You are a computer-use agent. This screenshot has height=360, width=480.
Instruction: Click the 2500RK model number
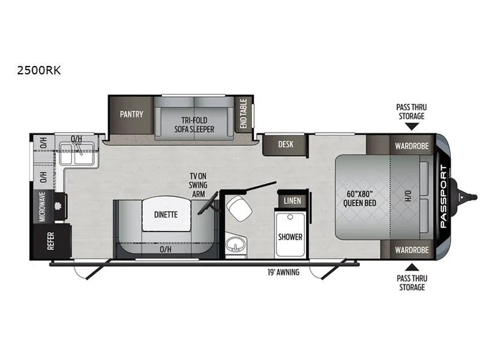coord(39,70)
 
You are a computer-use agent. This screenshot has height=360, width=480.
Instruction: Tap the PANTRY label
coord(131,115)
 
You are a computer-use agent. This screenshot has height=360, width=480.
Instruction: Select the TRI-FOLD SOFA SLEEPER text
coord(194,125)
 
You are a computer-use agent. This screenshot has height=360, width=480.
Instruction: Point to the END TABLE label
coord(244,113)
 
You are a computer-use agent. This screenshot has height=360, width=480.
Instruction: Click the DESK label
coord(286,144)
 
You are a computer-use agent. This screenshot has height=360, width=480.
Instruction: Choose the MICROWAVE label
coord(42,206)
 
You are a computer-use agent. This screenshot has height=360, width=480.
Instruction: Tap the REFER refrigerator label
coord(51,241)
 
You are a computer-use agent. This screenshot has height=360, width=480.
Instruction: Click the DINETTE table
coord(166,214)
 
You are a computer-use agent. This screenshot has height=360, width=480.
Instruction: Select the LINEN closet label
coord(292,201)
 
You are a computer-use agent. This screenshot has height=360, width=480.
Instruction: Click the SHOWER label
coord(290,237)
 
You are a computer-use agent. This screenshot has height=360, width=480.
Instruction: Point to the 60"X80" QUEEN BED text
coord(359,199)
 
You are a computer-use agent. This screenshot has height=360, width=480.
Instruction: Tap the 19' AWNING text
coord(283,272)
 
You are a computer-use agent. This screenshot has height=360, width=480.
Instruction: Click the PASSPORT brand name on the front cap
coord(443,196)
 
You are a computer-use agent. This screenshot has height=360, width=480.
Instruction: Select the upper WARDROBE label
coord(412,146)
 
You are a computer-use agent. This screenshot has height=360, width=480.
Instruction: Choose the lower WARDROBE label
coord(412,250)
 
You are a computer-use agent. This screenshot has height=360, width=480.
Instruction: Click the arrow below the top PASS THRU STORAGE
coord(412,127)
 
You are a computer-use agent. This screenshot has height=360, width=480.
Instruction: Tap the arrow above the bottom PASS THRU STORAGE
coord(412,267)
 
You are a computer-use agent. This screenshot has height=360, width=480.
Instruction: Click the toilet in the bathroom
coord(241,208)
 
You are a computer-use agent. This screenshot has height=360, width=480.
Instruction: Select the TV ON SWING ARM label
coord(198,185)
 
